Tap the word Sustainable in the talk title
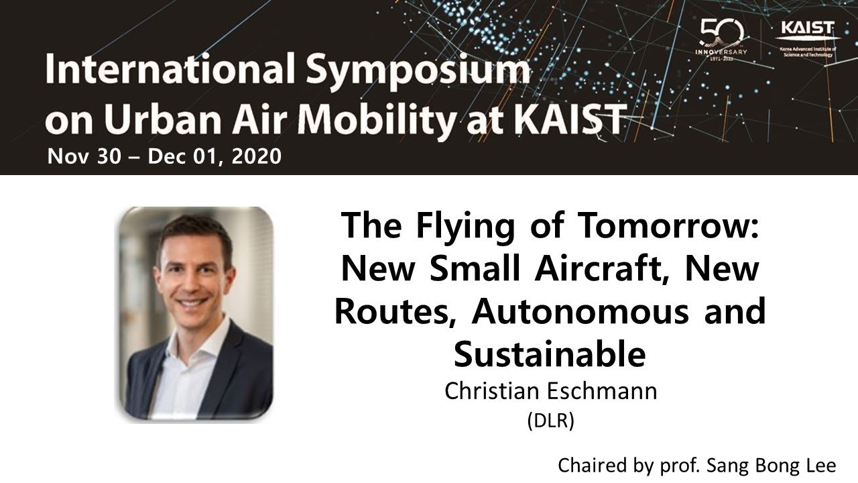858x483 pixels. (549, 355)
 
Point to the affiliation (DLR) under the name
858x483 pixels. (551, 421)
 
